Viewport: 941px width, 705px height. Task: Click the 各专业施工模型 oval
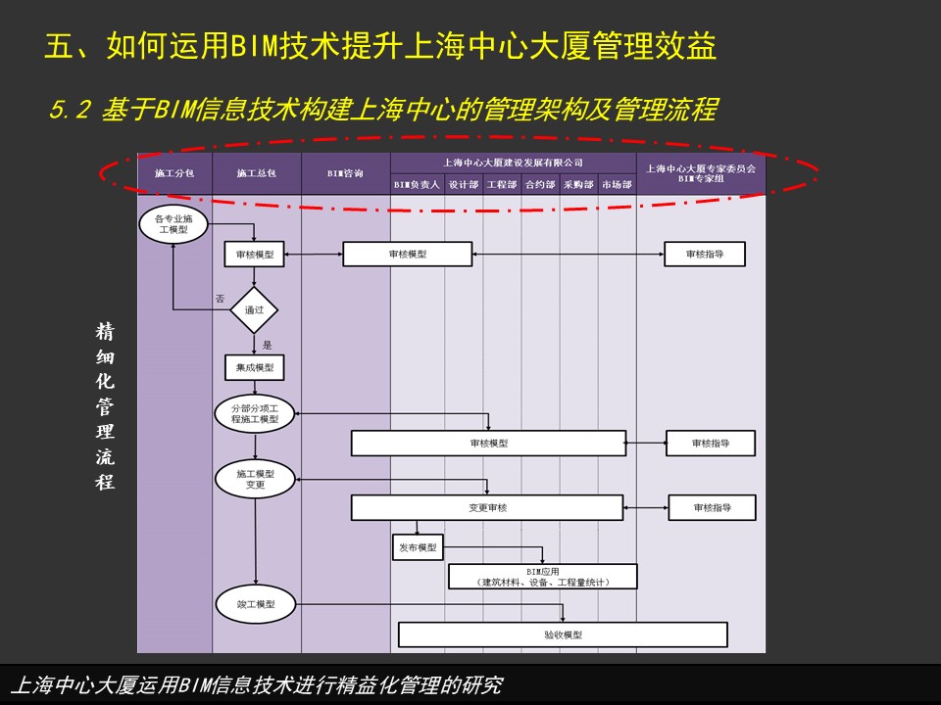pos(173,224)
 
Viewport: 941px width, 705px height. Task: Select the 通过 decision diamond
pos(254,310)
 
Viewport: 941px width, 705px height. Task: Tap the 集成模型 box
pos(255,367)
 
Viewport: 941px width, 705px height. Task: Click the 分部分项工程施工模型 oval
pos(255,413)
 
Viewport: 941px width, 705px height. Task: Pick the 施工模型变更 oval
pos(255,479)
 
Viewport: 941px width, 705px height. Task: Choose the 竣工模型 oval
pos(256,604)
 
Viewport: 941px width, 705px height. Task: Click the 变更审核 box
pos(487,508)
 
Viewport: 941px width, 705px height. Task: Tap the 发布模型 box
pos(418,547)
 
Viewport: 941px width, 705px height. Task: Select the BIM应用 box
pos(542,577)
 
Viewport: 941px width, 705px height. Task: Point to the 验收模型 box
pos(563,634)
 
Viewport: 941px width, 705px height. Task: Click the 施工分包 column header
pos(174,173)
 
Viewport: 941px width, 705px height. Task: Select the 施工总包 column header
pos(256,173)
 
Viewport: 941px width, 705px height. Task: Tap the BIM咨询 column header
pos(346,173)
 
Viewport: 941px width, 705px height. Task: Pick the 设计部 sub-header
pos(464,185)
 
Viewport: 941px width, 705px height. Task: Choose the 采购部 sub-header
pos(578,185)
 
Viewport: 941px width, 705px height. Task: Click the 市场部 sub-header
pos(617,185)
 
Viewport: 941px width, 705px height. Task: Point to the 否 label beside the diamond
pos(221,299)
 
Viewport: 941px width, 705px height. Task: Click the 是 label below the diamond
pos(267,345)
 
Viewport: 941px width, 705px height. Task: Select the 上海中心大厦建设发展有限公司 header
pos(513,163)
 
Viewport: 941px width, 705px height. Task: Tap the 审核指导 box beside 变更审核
pos(713,508)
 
